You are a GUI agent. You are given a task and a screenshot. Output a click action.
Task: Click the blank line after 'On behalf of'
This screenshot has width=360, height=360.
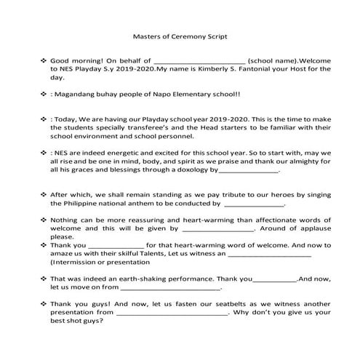197,63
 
